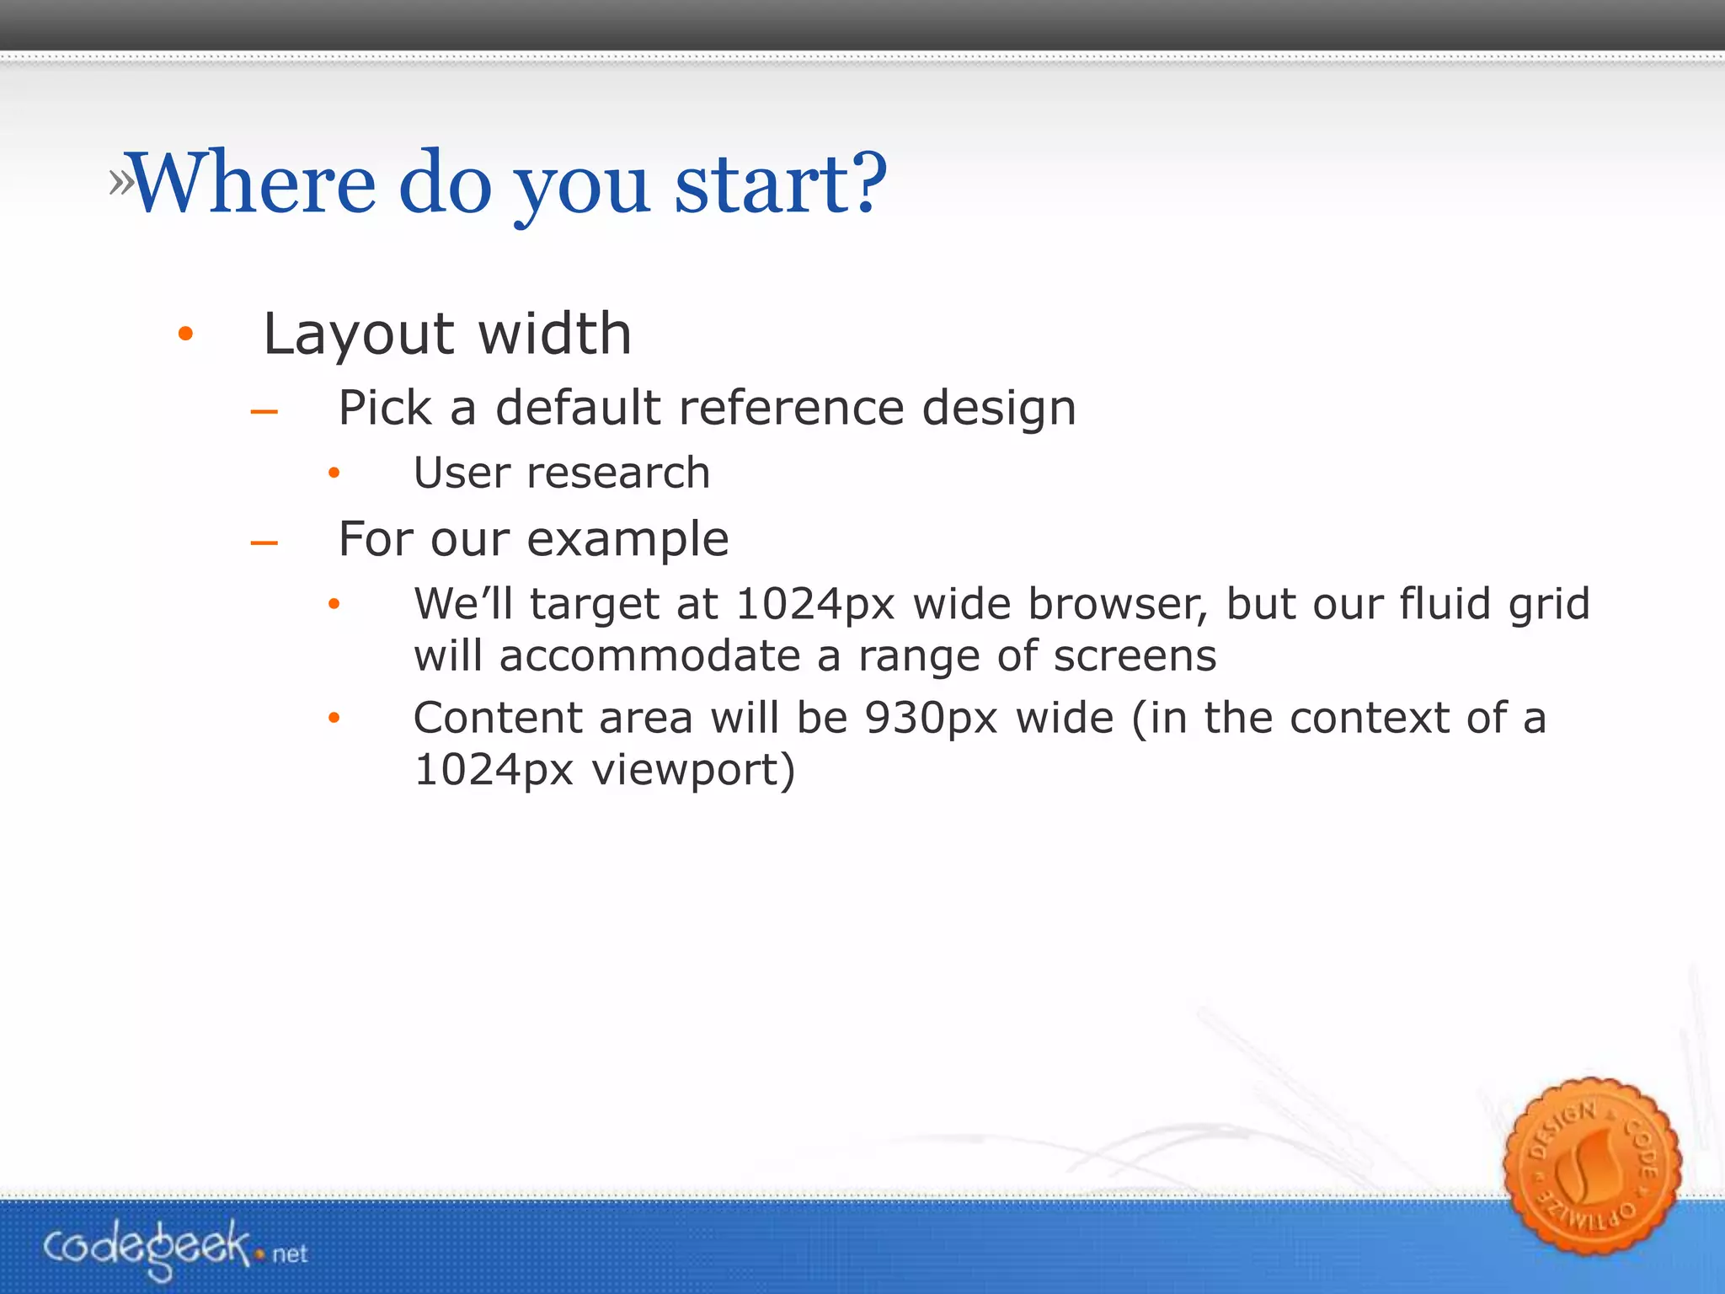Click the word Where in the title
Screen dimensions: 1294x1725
click(x=253, y=182)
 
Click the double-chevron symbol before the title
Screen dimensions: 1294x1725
click(x=121, y=182)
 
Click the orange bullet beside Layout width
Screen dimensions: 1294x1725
click(x=185, y=334)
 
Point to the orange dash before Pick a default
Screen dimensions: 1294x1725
click(x=264, y=412)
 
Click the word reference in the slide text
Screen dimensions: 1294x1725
click(x=793, y=408)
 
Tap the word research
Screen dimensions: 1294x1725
click(x=618, y=473)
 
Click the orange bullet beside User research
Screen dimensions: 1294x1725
click(x=334, y=473)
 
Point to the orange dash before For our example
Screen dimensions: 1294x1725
click(x=264, y=543)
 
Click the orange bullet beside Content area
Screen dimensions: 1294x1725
click(x=334, y=718)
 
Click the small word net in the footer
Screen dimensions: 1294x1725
click(x=290, y=1254)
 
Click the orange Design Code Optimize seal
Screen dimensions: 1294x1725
click(x=1591, y=1168)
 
